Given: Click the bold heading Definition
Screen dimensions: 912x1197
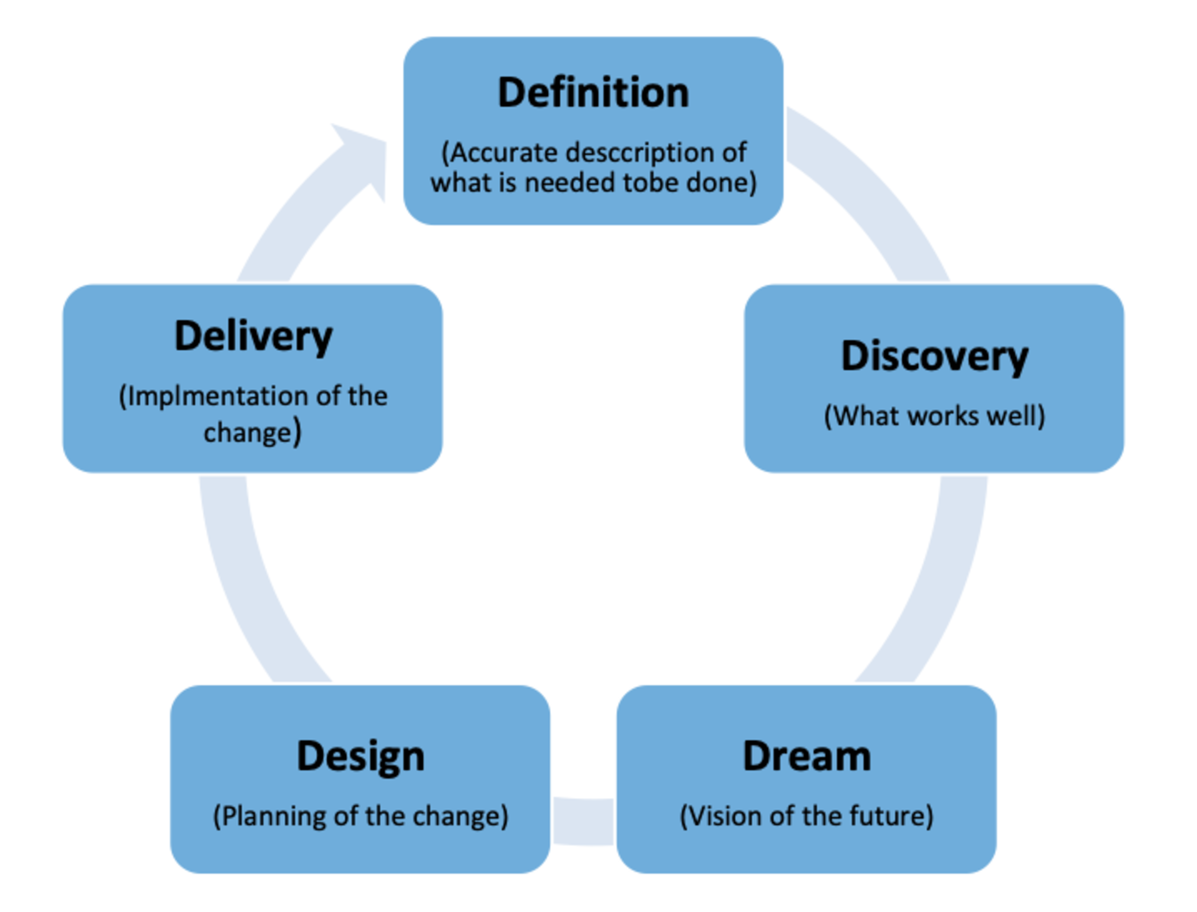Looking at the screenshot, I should (593, 93).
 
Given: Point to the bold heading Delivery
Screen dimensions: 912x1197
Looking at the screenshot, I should (253, 337).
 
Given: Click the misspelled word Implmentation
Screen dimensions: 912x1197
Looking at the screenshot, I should (219, 396).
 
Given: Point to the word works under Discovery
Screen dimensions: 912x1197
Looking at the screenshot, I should (944, 416).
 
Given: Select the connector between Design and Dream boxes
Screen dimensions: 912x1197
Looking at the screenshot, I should (583, 821).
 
